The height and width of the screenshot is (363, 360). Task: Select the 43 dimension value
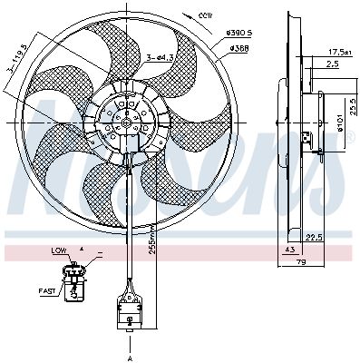290,250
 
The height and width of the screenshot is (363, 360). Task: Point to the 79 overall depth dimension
301,263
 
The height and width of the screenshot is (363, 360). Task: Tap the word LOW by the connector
59,250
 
